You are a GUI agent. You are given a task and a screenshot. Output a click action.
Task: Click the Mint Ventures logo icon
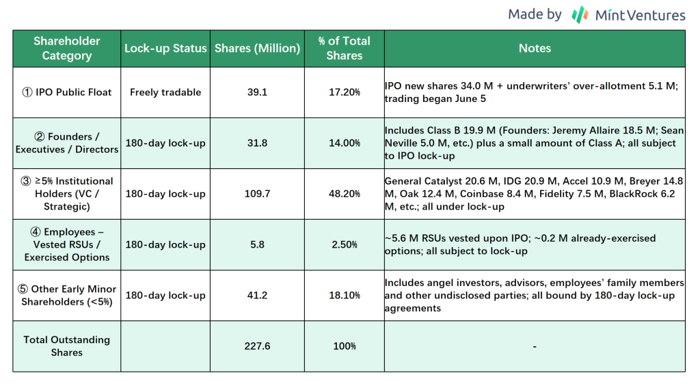tap(580, 14)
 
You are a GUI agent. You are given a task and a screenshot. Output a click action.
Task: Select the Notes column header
tap(535, 49)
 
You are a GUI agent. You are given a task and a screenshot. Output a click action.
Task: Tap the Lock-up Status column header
tap(165, 49)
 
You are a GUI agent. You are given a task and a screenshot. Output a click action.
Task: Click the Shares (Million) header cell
tap(257, 49)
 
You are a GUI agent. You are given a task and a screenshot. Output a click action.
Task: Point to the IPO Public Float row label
tap(67, 92)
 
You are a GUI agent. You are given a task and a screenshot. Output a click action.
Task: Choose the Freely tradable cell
tap(165, 92)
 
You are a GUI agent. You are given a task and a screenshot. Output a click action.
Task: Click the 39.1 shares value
tap(257, 92)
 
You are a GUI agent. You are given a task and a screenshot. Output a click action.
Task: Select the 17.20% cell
tap(345, 92)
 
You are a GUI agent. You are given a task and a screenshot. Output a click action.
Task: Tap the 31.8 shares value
tap(257, 143)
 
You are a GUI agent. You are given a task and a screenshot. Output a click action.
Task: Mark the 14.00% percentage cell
tap(345, 143)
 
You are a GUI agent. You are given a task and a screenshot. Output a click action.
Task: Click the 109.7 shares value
tap(257, 194)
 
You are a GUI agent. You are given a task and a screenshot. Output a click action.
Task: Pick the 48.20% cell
tap(345, 194)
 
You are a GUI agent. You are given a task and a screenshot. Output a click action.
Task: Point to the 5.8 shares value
tap(257, 244)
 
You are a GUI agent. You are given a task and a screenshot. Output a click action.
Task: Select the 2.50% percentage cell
tap(345, 244)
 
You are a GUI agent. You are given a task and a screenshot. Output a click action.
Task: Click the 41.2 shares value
tap(257, 296)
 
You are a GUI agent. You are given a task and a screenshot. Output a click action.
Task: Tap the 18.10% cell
tap(345, 296)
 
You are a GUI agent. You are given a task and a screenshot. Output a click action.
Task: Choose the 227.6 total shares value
tap(257, 346)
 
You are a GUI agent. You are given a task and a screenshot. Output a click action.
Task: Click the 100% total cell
tap(345, 346)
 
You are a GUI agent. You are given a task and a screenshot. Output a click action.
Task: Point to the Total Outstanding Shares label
tap(67, 346)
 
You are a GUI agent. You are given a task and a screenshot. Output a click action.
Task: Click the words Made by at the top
tap(535, 14)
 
